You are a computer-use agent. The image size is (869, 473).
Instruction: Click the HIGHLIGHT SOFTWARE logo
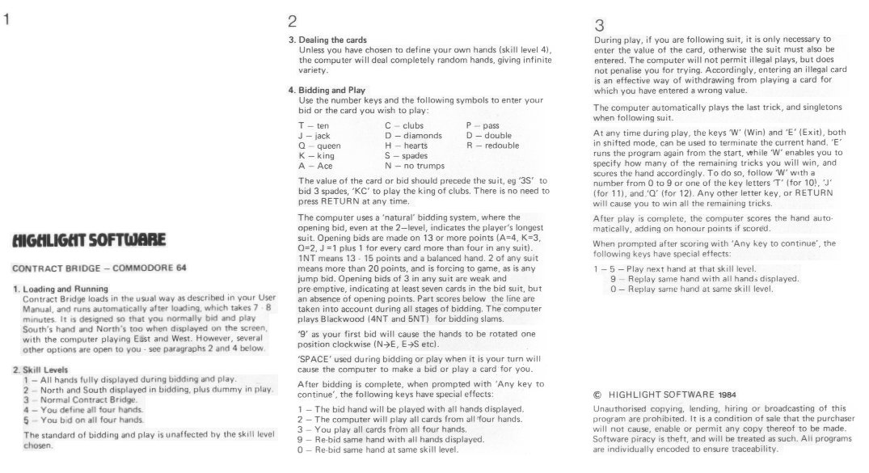[x=89, y=239]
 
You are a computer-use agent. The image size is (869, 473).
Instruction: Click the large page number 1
[x=7, y=21]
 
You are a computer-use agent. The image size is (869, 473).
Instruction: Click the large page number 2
[x=292, y=21]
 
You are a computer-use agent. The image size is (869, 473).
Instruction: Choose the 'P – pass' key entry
[x=483, y=126]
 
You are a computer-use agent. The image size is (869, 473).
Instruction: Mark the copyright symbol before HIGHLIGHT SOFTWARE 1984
[x=597, y=395]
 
